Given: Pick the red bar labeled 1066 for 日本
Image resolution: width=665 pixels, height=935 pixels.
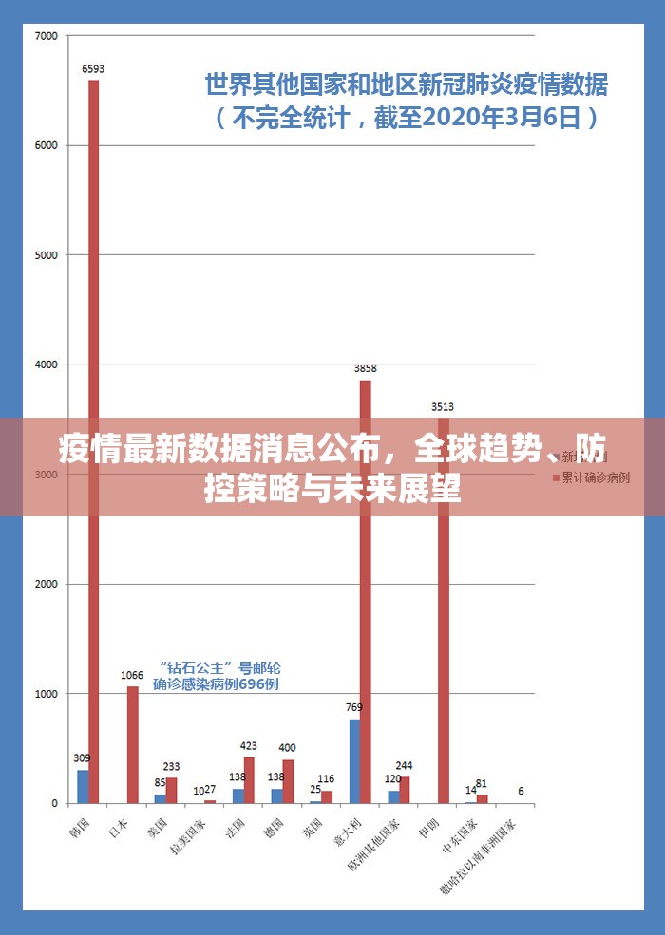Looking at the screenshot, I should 132,745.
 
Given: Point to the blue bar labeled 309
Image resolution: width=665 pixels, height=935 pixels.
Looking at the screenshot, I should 83,786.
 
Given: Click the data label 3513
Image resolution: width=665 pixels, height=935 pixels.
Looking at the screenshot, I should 443,407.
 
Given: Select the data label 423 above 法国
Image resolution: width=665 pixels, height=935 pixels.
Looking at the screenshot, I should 249,745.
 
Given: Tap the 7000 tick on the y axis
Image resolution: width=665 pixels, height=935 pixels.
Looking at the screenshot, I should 47,36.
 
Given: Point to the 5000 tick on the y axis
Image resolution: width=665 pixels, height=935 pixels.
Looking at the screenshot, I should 47,255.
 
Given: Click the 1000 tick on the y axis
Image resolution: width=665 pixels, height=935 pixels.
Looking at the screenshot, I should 47,694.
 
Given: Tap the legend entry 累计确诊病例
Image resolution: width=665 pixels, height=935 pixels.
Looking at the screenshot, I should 595,477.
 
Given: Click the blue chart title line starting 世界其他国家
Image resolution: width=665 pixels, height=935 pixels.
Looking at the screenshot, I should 407,85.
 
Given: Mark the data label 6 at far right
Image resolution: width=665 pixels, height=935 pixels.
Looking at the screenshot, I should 521,791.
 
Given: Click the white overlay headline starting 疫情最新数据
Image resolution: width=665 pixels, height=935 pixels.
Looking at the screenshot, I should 332,466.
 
